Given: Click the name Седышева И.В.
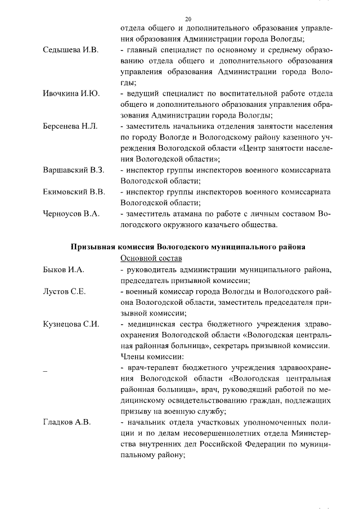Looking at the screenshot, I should pyautogui.click(x=70, y=51).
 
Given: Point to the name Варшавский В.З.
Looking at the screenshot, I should pyautogui.click(x=74, y=169).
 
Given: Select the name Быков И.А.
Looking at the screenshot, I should pyautogui.click(x=63, y=270).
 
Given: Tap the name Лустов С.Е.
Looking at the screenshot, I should pyautogui.click(x=64, y=292).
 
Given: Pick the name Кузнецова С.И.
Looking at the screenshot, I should pyautogui.click(x=71, y=324).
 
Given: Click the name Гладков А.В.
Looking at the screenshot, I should pyautogui.click(x=66, y=422).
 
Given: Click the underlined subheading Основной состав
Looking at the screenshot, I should pyautogui.click(x=151, y=259).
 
